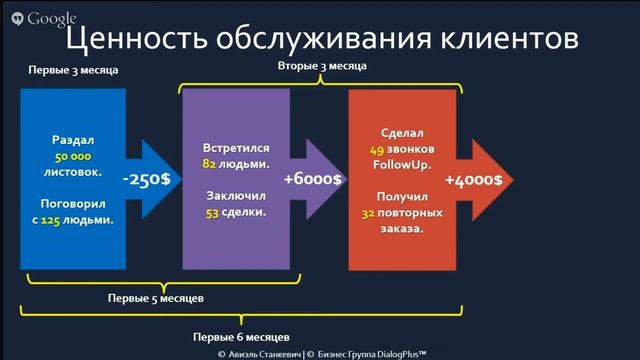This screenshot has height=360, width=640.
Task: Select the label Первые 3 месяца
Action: pyautogui.click(x=72, y=71)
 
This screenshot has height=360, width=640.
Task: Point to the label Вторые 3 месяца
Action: pyautogui.click(x=321, y=65)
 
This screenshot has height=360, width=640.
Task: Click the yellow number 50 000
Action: pyautogui.click(x=74, y=157)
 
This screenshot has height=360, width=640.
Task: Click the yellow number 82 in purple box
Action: pyautogui.click(x=210, y=163)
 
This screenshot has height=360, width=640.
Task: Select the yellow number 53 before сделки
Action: pyautogui.click(x=211, y=212)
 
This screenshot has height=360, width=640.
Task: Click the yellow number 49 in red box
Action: pyautogui.click(x=376, y=147)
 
